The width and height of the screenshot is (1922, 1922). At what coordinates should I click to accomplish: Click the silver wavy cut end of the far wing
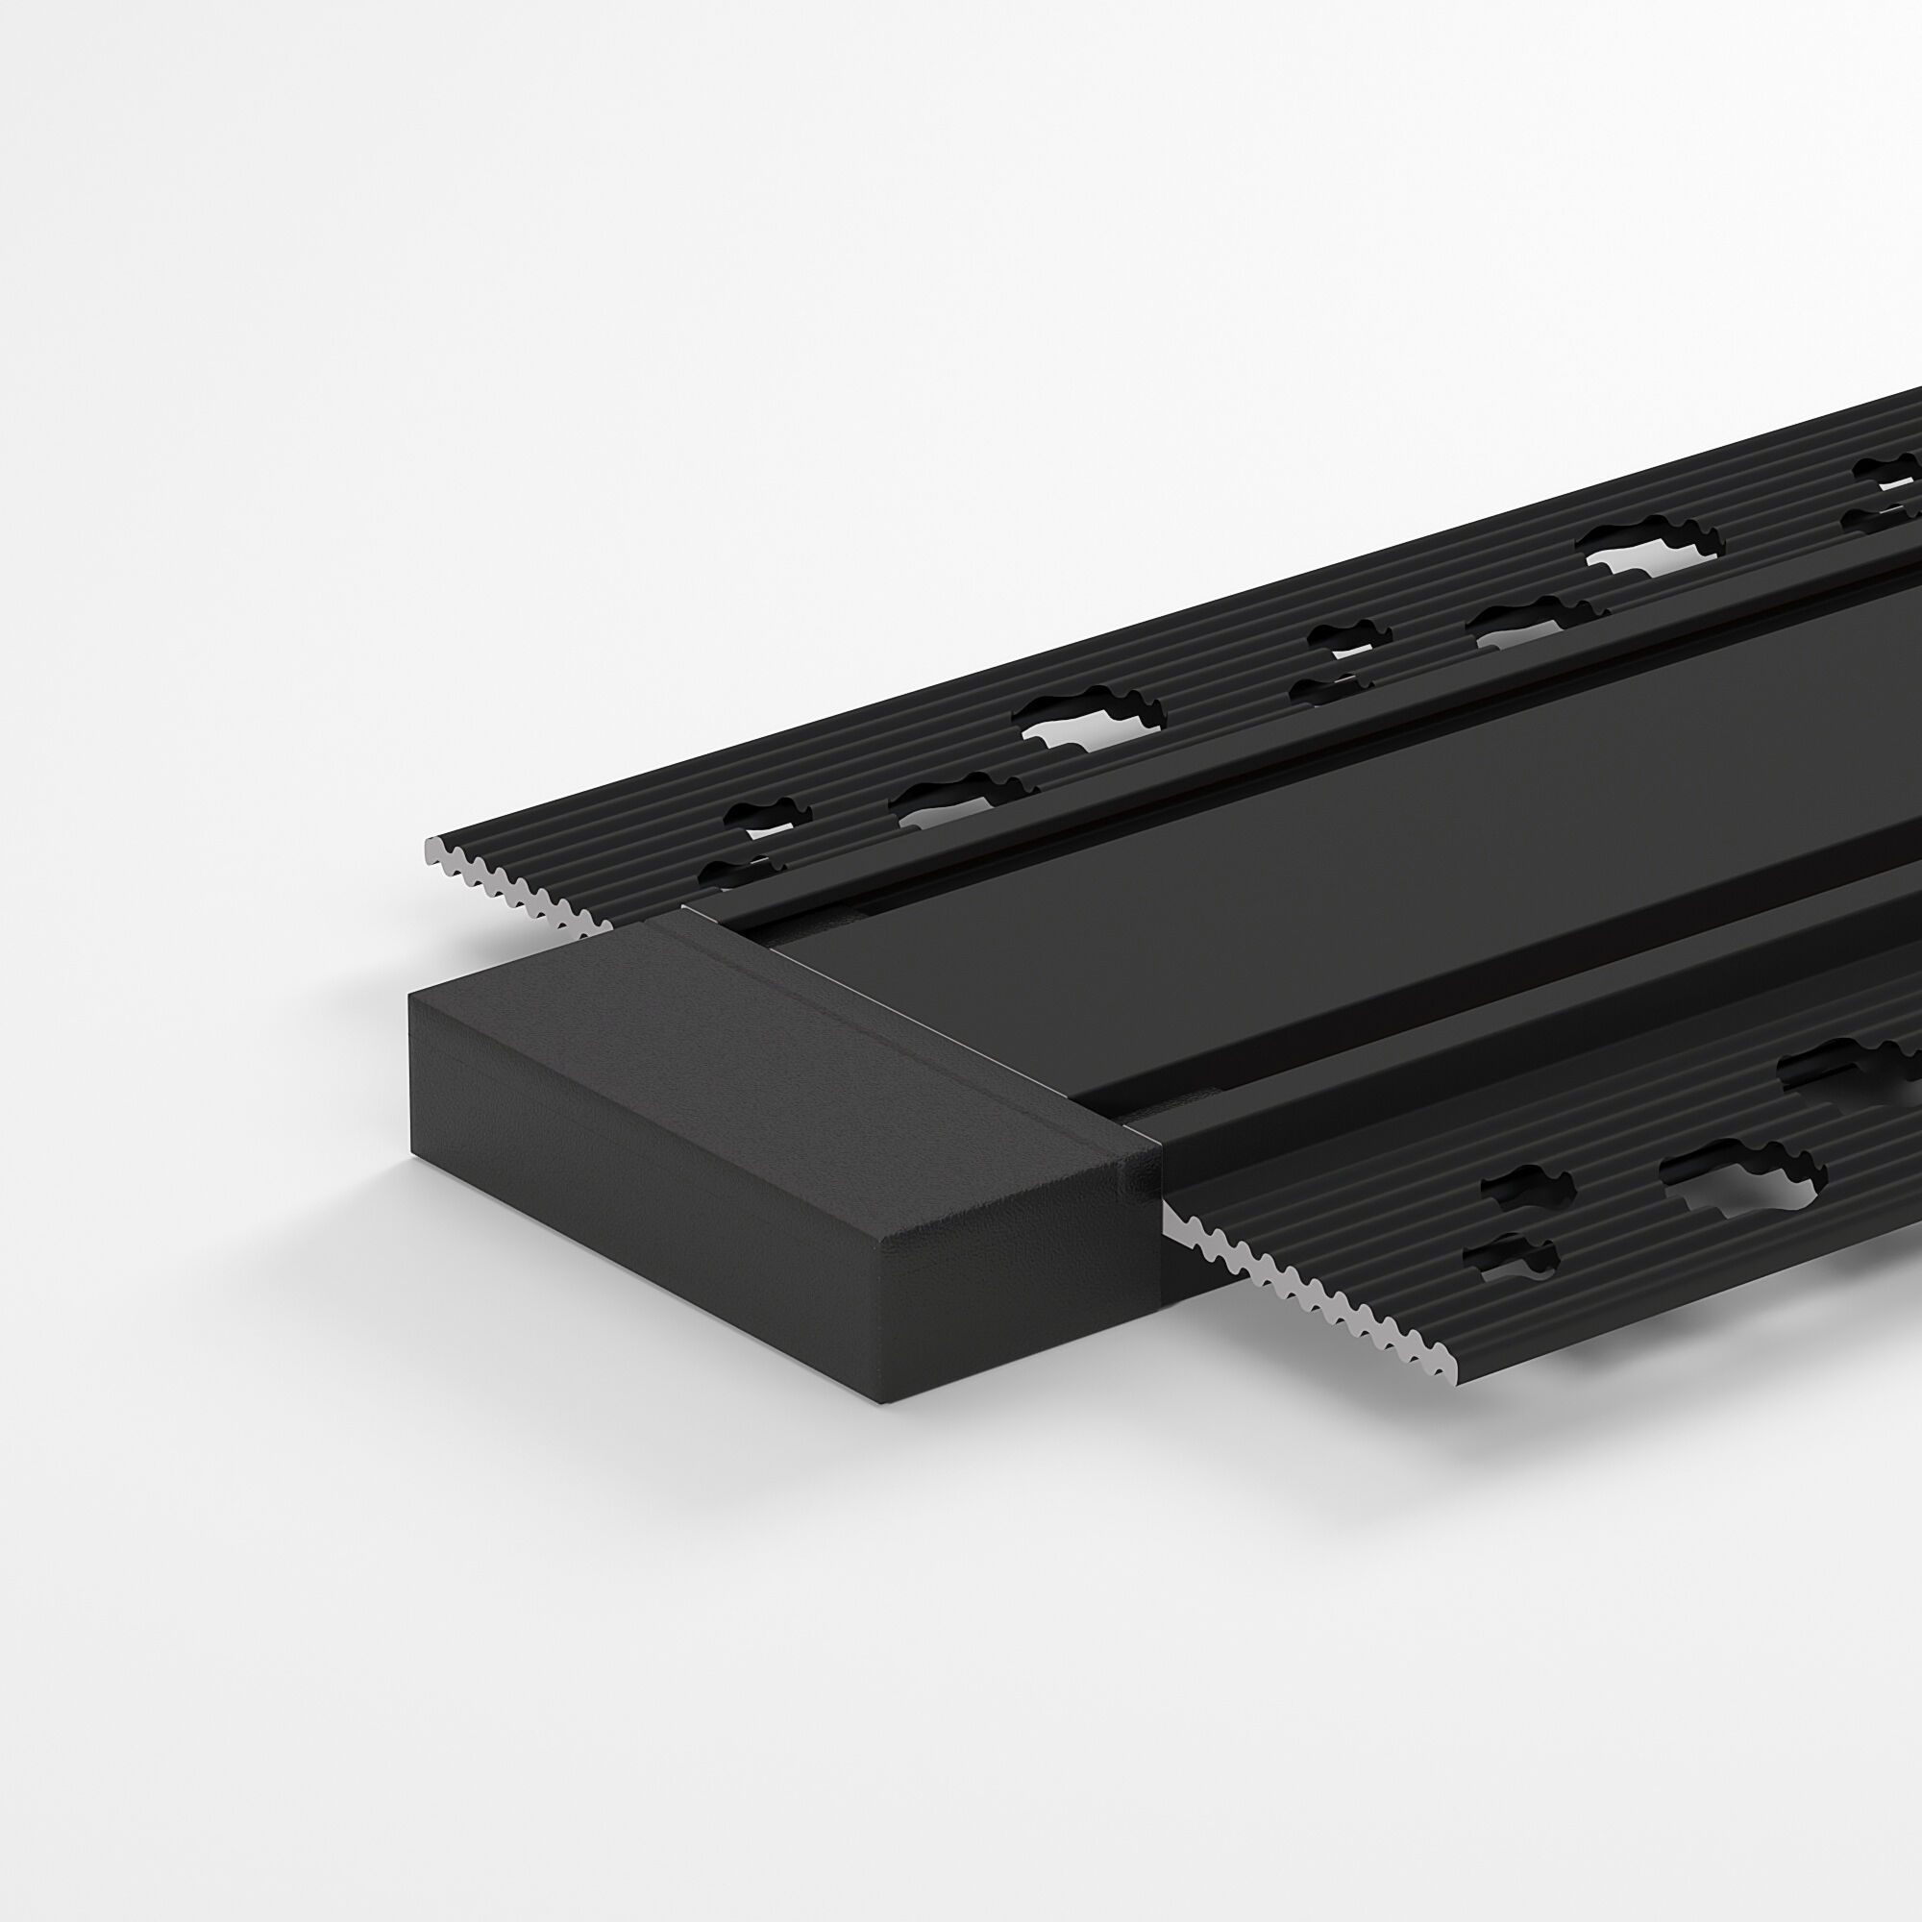517,879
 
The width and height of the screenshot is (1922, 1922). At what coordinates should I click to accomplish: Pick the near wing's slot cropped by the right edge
1860,1065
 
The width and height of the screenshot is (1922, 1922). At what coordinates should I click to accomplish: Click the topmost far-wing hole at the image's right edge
1885,468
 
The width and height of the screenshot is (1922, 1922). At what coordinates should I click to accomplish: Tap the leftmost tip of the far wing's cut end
426,847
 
